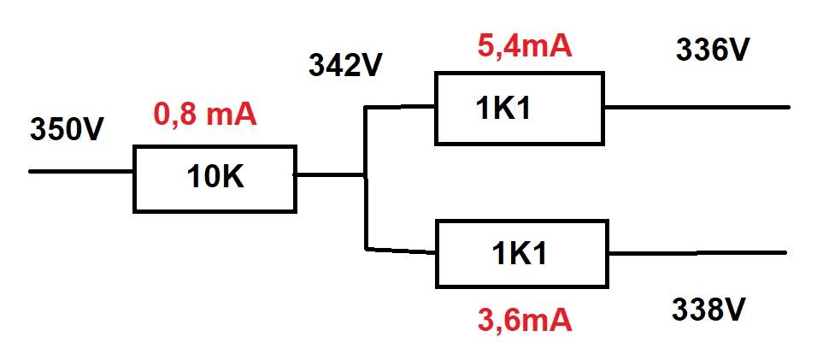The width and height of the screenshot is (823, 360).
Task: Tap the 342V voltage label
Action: tap(344, 66)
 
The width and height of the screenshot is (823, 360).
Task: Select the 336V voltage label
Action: tap(713, 50)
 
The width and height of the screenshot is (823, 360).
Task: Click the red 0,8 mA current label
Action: tap(204, 115)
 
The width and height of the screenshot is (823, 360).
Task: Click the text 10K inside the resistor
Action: tap(215, 178)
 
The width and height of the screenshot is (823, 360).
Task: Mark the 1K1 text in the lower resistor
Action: tap(519, 254)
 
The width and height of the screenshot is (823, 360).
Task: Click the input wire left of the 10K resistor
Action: tap(81, 171)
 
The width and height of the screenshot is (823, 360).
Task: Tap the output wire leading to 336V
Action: tap(697, 108)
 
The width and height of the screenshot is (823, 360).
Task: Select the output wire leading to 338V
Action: tap(697, 253)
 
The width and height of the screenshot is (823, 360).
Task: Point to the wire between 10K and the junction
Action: tap(330, 175)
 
